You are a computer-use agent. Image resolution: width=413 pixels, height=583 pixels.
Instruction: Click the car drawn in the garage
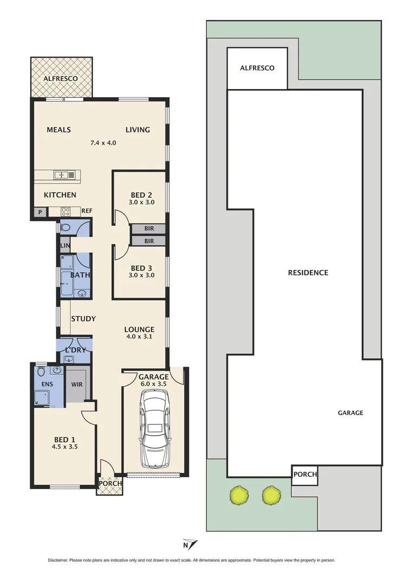pos(155,429)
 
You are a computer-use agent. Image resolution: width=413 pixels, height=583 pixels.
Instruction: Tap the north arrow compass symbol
pos(190,544)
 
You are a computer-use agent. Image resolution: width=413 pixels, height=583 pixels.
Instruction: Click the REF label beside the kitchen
pos(87,211)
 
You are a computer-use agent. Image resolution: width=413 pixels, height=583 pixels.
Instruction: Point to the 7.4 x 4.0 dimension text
pos(103,143)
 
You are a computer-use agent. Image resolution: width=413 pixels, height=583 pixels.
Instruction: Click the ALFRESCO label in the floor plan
pos(61,79)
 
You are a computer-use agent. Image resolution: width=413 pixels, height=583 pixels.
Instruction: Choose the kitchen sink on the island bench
pos(64,175)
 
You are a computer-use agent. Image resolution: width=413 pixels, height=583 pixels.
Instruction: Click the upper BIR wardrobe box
pos(148,229)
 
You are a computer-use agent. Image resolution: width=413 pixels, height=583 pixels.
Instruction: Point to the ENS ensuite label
pos(48,385)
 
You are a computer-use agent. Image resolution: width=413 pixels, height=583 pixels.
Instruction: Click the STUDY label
pos(83,319)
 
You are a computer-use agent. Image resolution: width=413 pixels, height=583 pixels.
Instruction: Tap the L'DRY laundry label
pos(75,350)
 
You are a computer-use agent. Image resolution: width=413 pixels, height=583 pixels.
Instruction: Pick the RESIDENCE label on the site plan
pos(308,273)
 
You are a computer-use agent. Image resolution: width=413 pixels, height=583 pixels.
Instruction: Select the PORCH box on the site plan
pos(305,474)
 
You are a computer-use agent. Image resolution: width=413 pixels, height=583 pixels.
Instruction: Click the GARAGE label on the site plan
pos(350,413)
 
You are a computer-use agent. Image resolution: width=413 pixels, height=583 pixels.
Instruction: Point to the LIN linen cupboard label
pos(65,246)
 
